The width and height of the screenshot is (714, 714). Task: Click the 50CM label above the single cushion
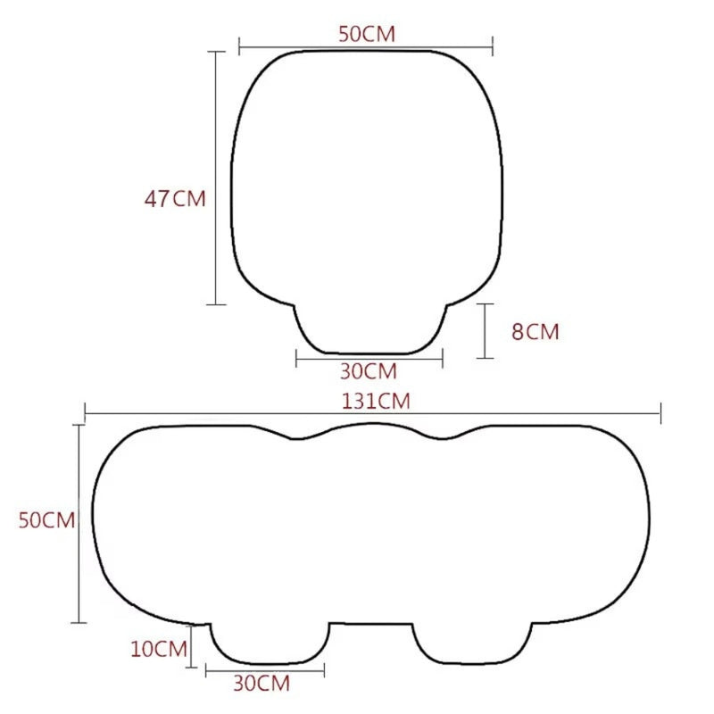[x=366, y=34]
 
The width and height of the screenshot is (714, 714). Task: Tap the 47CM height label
[x=175, y=198]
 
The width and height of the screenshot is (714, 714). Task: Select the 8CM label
[x=535, y=332]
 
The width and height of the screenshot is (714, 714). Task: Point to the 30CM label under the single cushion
[x=368, y=370]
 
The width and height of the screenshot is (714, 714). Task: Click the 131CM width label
[x=375, y=401]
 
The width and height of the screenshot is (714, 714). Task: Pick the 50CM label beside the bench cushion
[x=46, y=520]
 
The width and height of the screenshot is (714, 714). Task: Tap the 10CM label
[x=158, y=649]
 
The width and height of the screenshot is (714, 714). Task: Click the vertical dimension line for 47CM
[x=216, y=178]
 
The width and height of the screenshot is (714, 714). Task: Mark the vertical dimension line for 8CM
[x=485, y=331]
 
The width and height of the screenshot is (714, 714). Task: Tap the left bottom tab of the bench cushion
[x=268, y=643]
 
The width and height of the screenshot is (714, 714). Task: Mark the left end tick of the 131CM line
[x=85, y=412]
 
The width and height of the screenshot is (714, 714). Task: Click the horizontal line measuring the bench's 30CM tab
[x=264, y=668]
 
